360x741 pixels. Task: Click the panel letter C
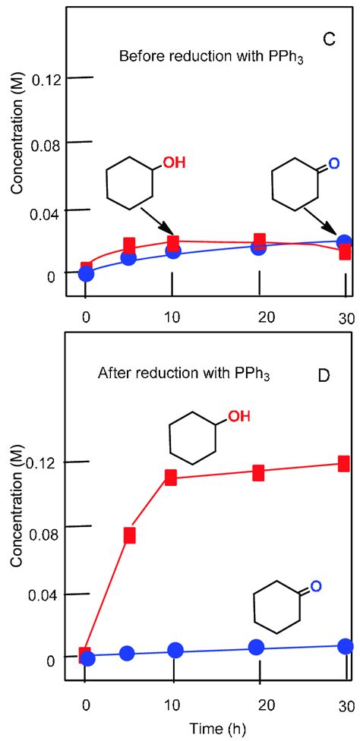[x=329, y=39]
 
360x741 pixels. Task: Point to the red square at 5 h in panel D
[x=130, y=534]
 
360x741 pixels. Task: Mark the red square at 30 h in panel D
[x=343, y=463]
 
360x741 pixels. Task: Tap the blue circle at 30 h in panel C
[x=343, y=243]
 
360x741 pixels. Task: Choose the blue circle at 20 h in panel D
[x=257, y=647]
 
